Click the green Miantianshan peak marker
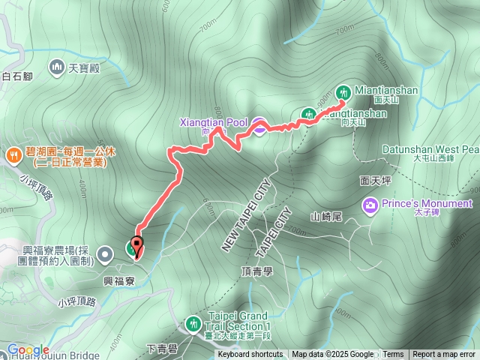tap(343, 91)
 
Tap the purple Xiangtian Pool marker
tap(258, 126)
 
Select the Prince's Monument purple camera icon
tap(370, 204)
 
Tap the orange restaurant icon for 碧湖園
tap(13, 155)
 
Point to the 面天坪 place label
tap(375, 181)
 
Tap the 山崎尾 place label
tap(326, 217)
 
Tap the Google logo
tap(28, 349)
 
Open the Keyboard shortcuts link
tap(250, 355)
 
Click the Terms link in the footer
tap(393, 355)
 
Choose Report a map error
tap(445, 355)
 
